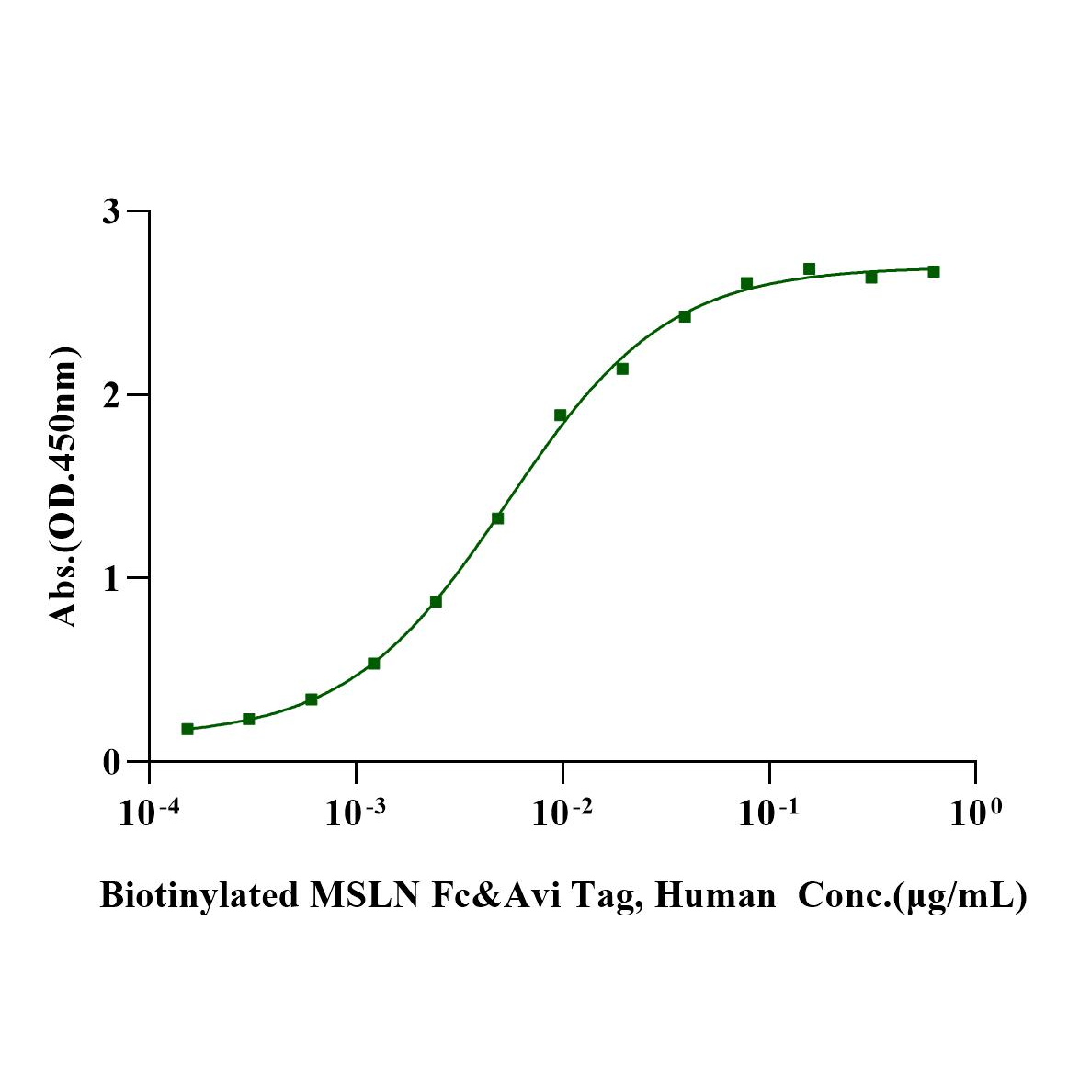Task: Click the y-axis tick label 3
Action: (x=110, y=211)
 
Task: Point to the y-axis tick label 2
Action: (x=110, y=395)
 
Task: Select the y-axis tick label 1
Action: (x=111, y=578)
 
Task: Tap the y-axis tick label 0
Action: (x=110, y=762)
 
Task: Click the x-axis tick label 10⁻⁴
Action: (x=150, y=812)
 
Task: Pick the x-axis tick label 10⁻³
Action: (x=357, y=812)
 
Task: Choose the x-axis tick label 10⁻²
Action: (x=563, y=812)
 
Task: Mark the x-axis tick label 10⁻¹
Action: (x=769, y=812)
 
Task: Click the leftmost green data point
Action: (x=188, y=729)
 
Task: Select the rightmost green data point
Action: (x=934, y=271)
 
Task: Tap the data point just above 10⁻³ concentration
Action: (x=374, y=664)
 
